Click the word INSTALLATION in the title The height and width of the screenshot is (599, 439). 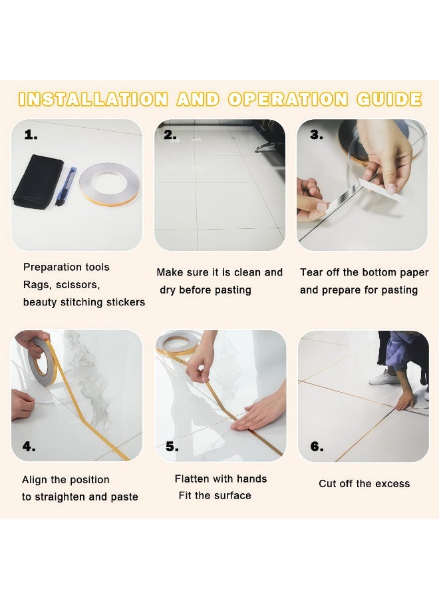click(92, 100)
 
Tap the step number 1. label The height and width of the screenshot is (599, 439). click(31, 135)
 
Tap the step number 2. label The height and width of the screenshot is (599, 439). click(170, 135)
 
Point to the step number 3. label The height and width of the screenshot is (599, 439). click(317, 135)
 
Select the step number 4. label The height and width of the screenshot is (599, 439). click(29, 447)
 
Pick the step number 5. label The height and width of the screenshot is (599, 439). click(172, 447)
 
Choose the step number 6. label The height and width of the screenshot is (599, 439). click(317, 447)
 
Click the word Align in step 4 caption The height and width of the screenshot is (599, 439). click(35, 480)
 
